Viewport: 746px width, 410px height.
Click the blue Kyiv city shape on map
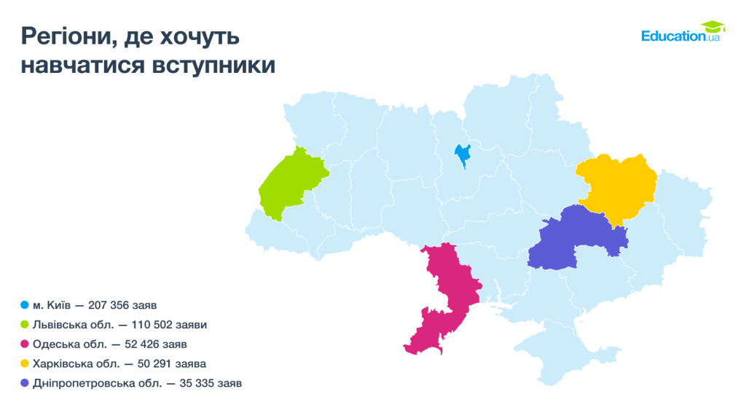(462, 154)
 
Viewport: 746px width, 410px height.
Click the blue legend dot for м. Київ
(25, 304)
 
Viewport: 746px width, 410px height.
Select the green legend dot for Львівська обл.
(25, 324)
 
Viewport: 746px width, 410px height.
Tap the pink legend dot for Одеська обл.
(25, 344)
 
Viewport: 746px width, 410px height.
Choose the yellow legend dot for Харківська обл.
(25, 363)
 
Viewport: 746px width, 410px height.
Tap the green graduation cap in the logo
(712, 27)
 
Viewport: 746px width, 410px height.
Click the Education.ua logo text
(674, 36)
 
